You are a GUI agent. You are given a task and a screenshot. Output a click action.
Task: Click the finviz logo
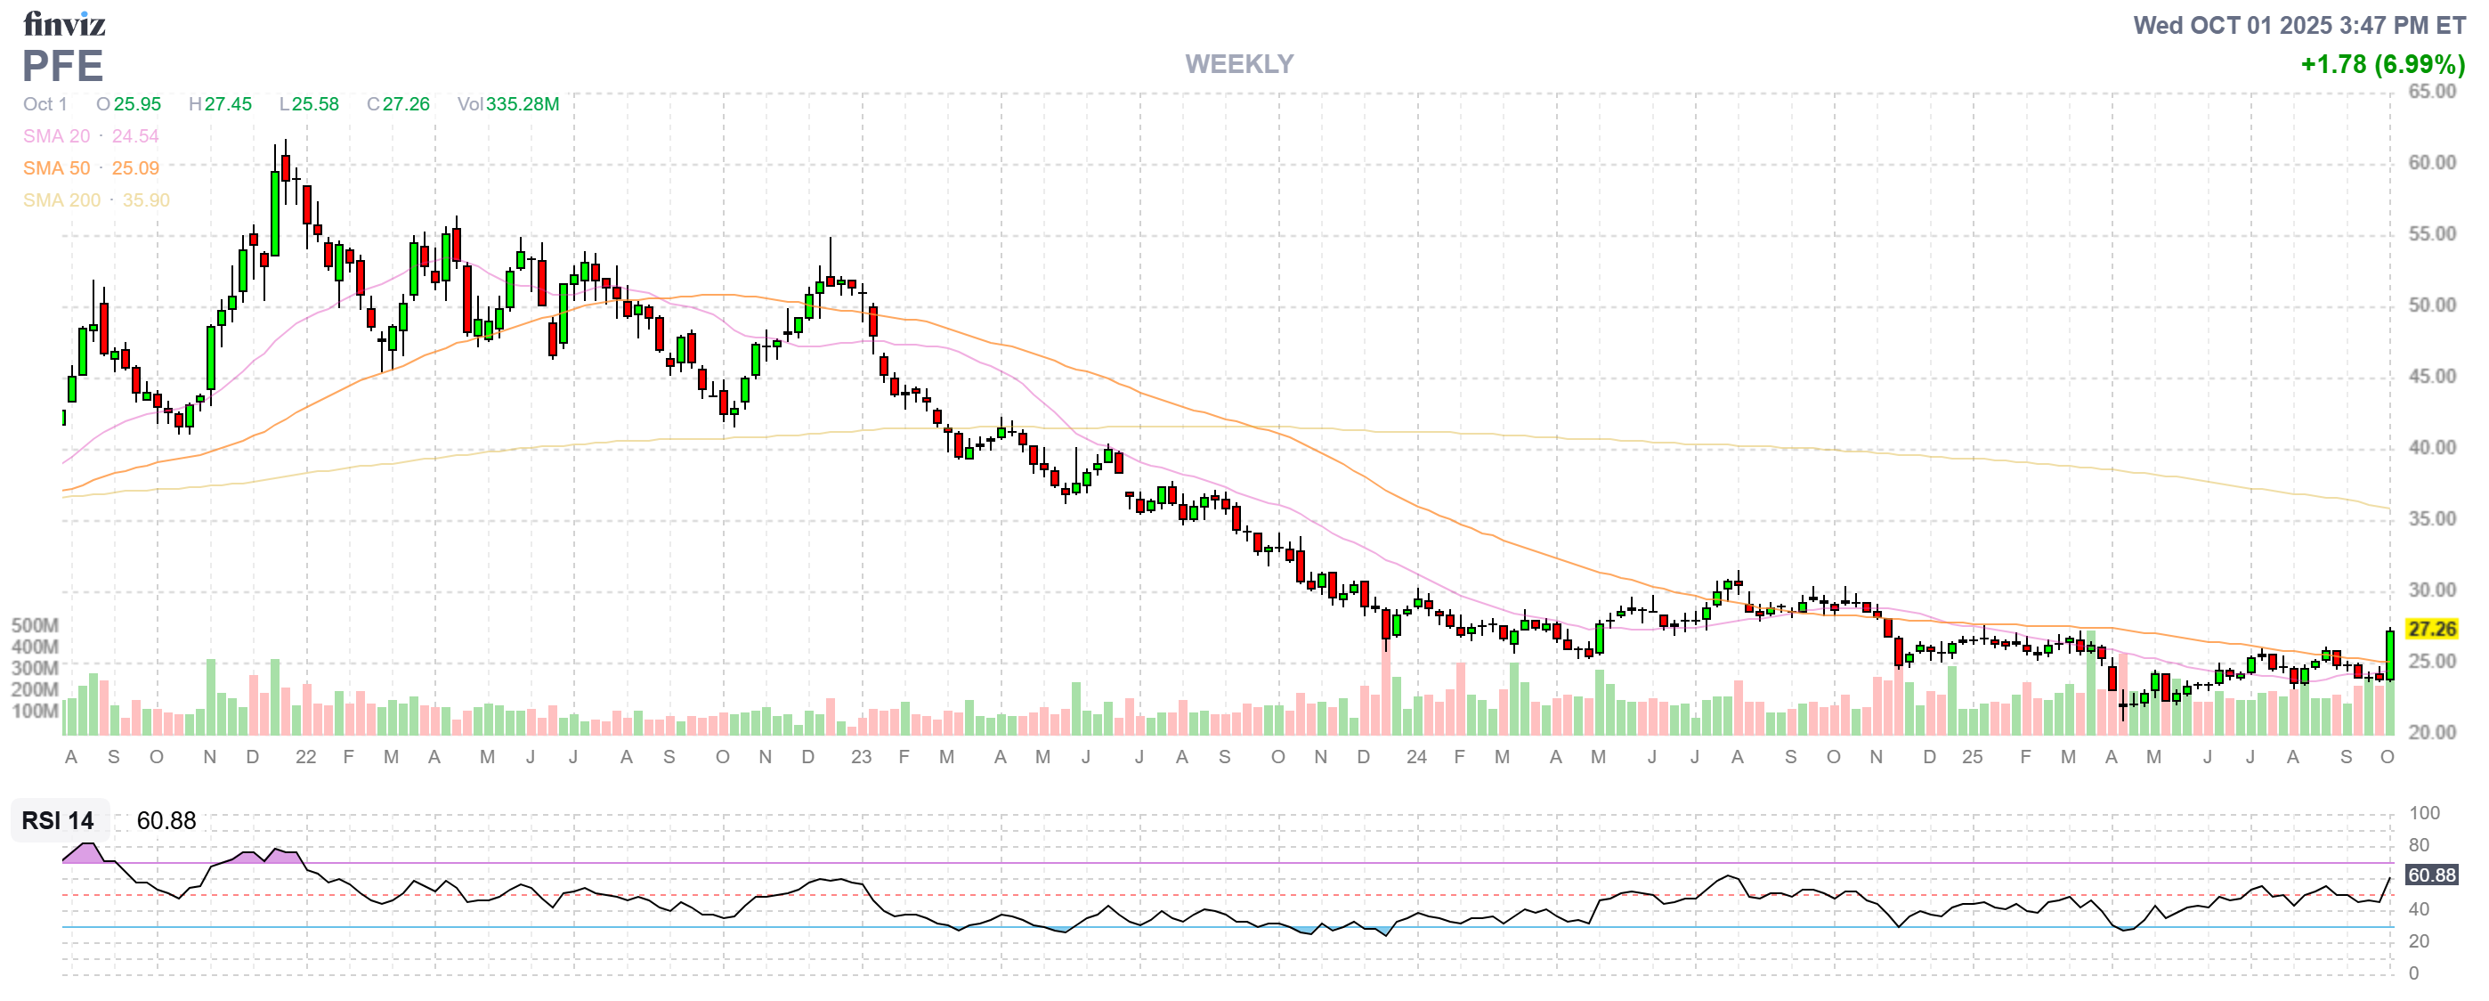64,23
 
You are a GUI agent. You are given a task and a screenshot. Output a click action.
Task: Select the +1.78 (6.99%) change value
2382,65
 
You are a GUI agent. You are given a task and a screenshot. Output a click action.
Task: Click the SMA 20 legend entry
91,136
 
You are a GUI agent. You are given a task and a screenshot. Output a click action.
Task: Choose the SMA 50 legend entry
91,168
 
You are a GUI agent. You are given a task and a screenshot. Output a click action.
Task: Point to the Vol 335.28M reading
508,104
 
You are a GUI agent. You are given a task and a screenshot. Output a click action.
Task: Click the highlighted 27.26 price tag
2431,629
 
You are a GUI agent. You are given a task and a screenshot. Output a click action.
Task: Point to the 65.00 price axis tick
2431,92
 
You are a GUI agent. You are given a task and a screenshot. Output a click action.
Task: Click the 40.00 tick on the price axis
2431,447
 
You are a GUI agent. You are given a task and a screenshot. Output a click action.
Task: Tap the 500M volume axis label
35,625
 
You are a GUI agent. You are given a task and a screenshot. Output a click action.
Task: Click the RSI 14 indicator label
58,820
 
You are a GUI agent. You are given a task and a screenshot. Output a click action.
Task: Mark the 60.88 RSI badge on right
2431,875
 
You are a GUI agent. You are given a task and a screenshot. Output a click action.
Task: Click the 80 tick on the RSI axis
2419,845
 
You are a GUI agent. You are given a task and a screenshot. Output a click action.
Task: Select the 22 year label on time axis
305,758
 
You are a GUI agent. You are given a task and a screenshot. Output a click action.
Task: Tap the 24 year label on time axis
1415,758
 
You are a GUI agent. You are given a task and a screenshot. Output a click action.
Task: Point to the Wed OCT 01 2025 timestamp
2298,25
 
